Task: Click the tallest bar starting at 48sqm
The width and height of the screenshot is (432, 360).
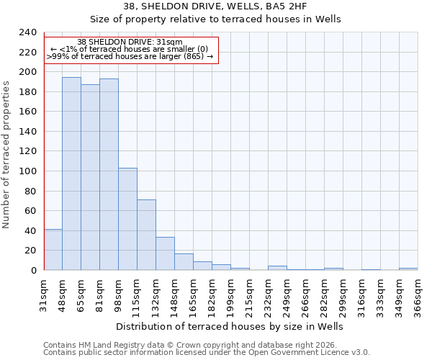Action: (x=71, y=174)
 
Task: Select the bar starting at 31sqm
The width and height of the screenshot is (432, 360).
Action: (x=53, y=249)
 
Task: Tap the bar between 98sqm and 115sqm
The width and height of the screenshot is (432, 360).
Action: (x=127, y=219)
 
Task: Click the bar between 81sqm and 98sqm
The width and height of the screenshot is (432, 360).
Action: (x=109, y=174)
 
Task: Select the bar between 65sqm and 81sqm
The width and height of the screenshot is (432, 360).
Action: (x=90, y=177)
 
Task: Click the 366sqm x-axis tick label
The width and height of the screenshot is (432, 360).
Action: (x=418, y=295)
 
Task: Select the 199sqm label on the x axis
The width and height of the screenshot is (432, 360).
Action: (x=231, y=295)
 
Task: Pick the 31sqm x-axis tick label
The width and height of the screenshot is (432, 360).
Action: (x=44, y=295)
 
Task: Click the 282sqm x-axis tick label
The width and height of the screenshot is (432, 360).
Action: (x=324, y=295)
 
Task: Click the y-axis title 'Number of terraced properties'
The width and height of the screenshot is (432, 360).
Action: (x=7, y=154)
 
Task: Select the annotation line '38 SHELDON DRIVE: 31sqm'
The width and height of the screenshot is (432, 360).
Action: (x=130, y=42)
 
